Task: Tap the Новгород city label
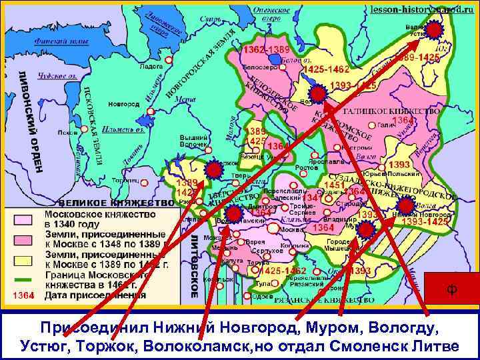tap(124, 104)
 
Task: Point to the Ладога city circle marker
tap(168, 59)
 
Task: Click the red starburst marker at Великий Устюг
tap(434, 30)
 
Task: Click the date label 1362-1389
tap(265, 50)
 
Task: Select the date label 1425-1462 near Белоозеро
tap(326, 69)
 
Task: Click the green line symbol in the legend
tap(23, 279)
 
